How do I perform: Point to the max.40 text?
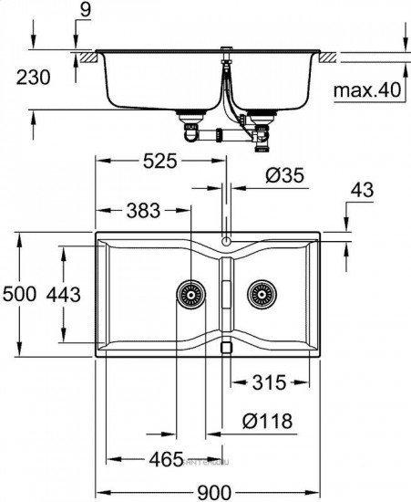pyautogui.click(x=366, y=90)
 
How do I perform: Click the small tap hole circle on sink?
pyautogui.click(x=225, y=243)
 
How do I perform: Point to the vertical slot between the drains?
pyautogui.click(x=225, y=296)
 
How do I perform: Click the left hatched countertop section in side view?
pyautogui.click(x=87, y=58)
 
